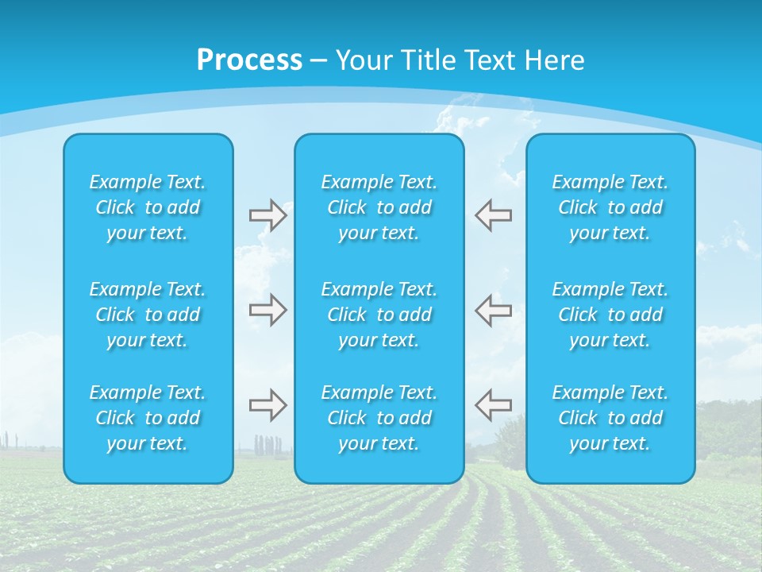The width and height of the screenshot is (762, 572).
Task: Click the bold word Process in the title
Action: tap(249, 60)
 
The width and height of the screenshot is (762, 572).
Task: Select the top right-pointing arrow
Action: tap(267, 215)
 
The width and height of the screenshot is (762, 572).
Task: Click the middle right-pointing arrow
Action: tap(267, 310)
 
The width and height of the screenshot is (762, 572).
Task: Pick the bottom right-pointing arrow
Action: tap(267, 405)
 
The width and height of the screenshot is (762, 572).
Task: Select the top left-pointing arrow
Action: tap(493, 215)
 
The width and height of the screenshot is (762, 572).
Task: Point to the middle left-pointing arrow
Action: tap(493, 310)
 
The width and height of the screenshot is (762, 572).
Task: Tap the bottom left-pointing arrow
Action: tap(493, 405)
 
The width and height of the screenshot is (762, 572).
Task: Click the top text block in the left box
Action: tap(148, 207)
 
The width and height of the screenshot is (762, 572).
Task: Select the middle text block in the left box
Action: tap(148, 315)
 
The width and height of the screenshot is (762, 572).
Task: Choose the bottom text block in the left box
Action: tap(148, 418)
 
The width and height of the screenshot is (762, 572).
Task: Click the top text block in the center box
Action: tap(379, 207)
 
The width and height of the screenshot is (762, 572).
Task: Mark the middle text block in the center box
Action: tap(379, 315)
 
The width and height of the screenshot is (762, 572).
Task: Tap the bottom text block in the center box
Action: tap(379, 418)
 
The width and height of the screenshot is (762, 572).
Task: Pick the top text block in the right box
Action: tap(610, 207)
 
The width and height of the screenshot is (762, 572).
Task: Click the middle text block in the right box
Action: tap(610, 315)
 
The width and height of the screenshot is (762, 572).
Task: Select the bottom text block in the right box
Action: tap(610, 418)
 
